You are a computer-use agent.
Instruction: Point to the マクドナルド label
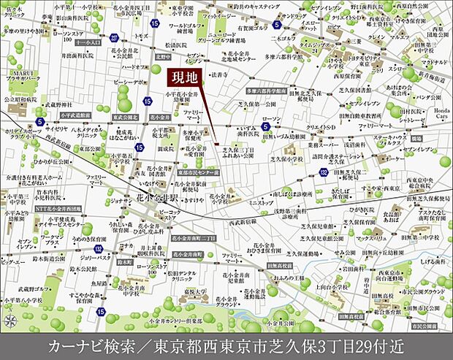[434, 62]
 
